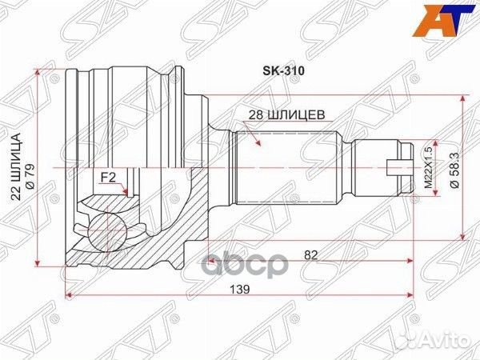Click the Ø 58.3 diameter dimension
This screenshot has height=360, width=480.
454,171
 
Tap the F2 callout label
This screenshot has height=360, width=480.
107,178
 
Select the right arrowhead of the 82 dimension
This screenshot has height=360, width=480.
411,262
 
